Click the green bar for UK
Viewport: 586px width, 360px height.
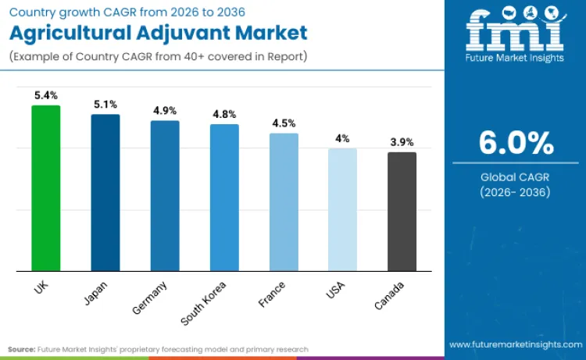pos(45,188)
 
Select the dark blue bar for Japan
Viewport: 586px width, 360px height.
pos(105,193)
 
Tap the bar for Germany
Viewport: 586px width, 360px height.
pos(165,196)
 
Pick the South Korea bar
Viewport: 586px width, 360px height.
pos(224,198)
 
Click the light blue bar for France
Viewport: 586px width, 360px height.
pos(284,202)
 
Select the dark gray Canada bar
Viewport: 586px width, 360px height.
pos(402,212)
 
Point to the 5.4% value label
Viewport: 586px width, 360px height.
pos(45,95)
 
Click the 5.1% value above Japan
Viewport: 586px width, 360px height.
pos(105,104)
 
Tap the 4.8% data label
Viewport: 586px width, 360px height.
pos(224,114)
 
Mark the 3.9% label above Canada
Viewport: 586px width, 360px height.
pos(402,142)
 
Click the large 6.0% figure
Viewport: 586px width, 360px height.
pos(516,144)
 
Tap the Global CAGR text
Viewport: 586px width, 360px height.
pos(515,176)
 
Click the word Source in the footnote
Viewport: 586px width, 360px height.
pos(23,349)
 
